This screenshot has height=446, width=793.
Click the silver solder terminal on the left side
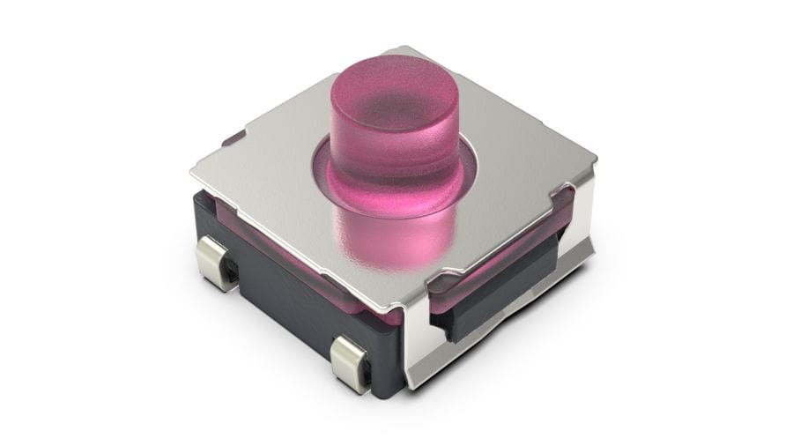click(216, 261)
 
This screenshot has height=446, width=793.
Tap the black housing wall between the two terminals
click(282, 300)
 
